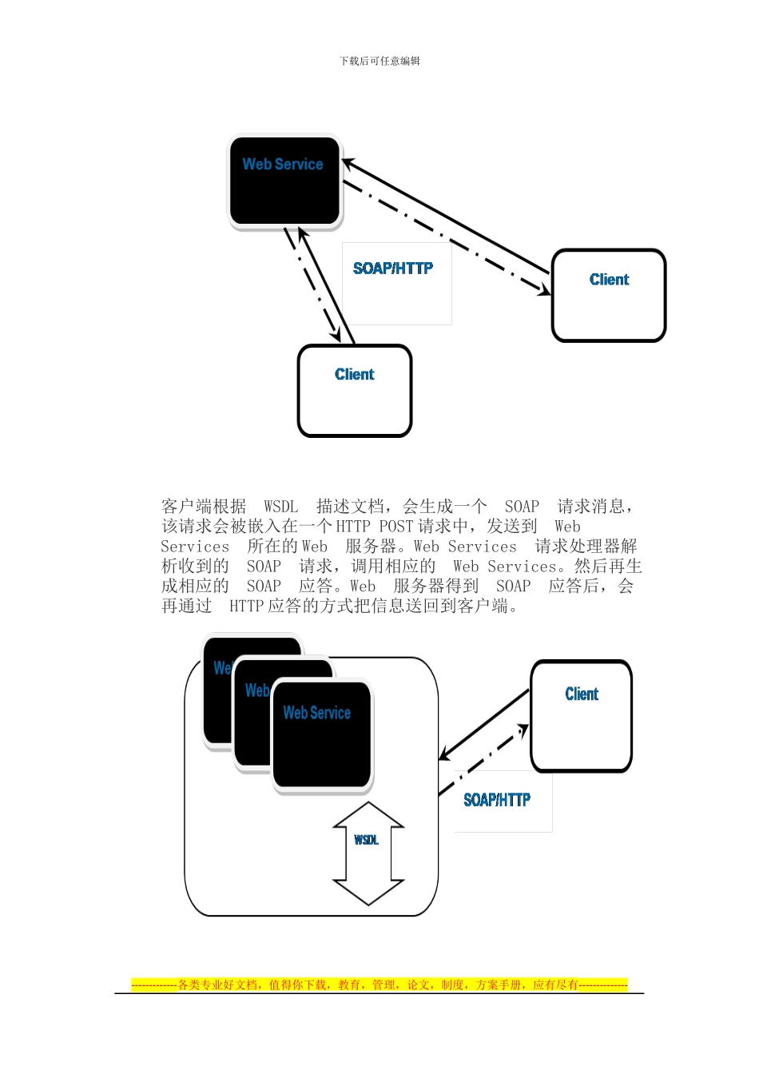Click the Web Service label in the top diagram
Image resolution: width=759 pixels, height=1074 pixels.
283,165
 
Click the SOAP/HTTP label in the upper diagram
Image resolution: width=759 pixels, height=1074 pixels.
393,268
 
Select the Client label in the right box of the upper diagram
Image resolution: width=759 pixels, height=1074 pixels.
609,280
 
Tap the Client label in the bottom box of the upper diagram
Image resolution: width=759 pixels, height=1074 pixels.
354,375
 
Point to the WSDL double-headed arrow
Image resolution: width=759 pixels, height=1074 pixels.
368,853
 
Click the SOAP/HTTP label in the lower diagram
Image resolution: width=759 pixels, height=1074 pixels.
496,800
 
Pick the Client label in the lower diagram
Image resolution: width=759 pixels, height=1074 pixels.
581,694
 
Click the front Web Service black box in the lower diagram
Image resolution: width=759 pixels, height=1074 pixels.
322,735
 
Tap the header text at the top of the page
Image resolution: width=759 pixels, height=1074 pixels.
379,61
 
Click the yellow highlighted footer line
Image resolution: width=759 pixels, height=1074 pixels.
379,985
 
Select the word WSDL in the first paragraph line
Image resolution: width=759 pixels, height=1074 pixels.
280,507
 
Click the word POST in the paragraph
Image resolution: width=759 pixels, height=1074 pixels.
395,527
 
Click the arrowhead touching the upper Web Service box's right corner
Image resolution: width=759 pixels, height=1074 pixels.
349,164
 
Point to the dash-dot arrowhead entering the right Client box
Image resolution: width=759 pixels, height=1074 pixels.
544,290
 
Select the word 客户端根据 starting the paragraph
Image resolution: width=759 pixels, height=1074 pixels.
204,507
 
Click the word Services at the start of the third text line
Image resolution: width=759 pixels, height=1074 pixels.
195,547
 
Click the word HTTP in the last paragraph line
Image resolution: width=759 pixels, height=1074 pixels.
247,607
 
